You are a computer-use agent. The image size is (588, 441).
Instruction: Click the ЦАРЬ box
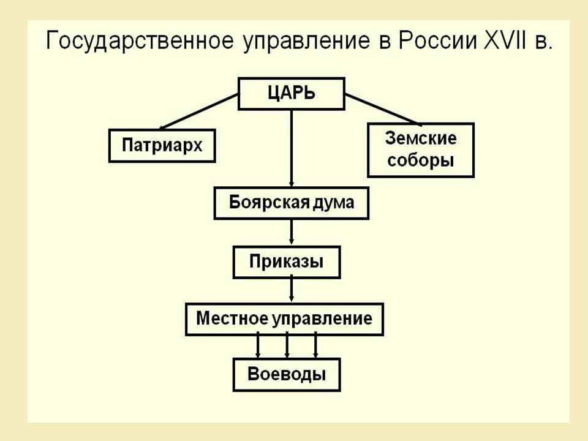[x=292, y=94]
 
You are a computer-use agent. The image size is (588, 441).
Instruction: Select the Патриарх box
[x=162, y=146]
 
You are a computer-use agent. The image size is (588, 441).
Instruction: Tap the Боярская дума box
[x=292, y=203]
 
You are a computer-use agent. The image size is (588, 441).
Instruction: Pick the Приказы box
[x=287, y=262]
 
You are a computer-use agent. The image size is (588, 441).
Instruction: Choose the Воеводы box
[x=287, y=375]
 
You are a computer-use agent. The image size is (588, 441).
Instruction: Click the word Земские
[x=421, y=138]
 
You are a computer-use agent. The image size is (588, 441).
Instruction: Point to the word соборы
[x=421, y=160]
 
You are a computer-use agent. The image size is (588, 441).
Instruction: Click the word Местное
[x=232, y=318]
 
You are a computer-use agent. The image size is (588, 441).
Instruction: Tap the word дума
[x=333, y=203]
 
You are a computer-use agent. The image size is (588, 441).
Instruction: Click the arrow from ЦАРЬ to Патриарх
[x=198, y=111]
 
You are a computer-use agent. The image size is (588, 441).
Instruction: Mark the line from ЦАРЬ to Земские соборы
[x=382, y=109]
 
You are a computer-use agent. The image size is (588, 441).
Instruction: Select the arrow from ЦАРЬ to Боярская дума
[x=292, y=148]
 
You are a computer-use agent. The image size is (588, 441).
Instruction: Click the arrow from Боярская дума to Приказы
[x=292, y=233]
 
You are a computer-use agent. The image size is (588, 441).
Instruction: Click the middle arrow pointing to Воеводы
[x=287, y=345]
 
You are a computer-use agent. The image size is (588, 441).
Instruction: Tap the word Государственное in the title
[x=140, y=41]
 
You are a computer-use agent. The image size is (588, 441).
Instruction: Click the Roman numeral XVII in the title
[x=505, y=40]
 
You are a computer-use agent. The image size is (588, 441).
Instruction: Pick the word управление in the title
[x=306, y=42]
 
